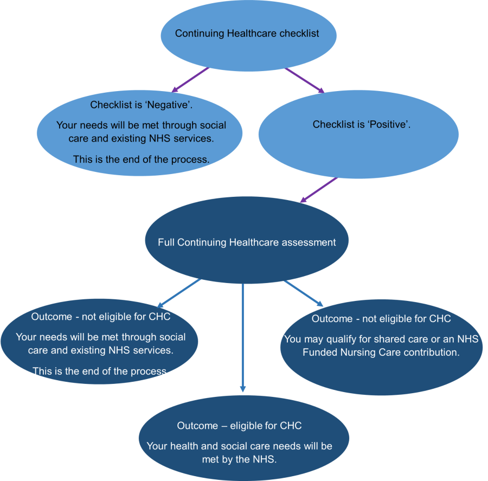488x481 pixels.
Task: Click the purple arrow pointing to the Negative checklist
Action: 190,79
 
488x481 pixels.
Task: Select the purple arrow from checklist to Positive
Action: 304,80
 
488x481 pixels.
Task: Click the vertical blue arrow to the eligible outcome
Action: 242,336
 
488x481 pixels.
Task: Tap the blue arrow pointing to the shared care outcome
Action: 304,293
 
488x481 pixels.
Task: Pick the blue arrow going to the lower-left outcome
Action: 179,293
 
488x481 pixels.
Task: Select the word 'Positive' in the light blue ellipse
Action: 389,125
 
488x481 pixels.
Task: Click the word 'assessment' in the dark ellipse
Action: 307,242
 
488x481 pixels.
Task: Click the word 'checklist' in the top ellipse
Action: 299,34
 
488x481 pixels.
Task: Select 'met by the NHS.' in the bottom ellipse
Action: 239,459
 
